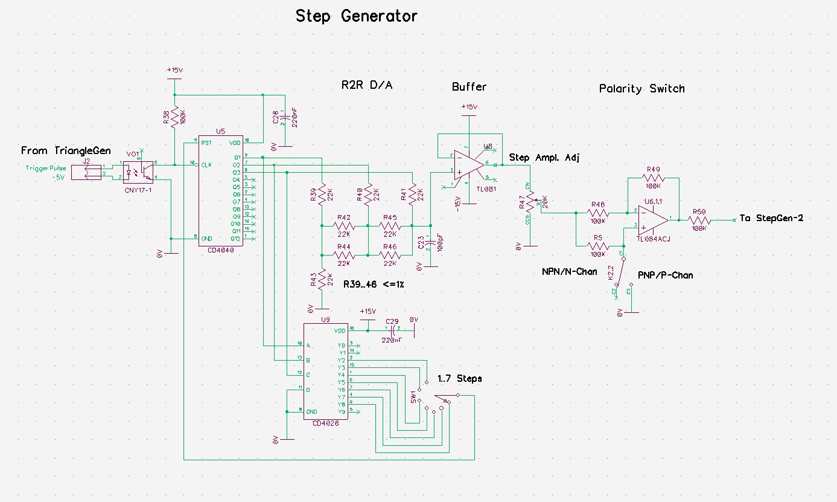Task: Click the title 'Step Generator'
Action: pos(356,16)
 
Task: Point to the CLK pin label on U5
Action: pos(206,164)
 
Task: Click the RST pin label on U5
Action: pos(206,143)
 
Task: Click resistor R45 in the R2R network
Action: pos(389,225)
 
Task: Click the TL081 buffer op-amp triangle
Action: pos(468,165)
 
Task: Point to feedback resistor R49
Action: pos(654,178)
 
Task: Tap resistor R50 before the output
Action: pos(699,220)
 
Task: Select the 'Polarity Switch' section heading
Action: pos(641,89)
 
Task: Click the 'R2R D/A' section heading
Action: pos(367,85)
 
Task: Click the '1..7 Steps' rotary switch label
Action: pos(460,379)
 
